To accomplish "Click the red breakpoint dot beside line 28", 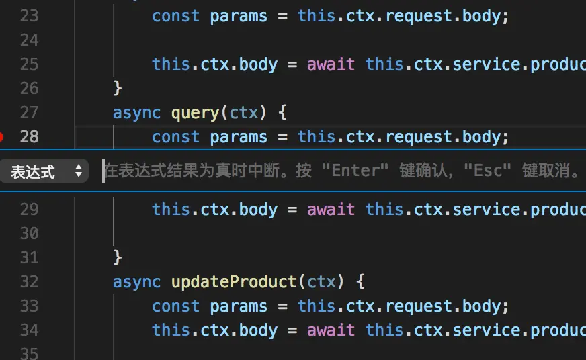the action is click(1, 137).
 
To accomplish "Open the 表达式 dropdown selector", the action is click(44, 171).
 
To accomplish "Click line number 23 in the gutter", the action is click(29, 15).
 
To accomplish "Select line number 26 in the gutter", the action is click(29, 88).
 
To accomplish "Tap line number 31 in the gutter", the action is click(29, 257).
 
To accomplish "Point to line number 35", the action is click(29, 353).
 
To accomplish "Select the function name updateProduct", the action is click(235, 281).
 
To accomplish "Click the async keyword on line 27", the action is click(137, 112).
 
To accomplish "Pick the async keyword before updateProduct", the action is click(137, 281).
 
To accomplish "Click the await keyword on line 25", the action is click(331, 64).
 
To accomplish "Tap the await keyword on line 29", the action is click(331, 209).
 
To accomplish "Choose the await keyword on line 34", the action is click(331, 330).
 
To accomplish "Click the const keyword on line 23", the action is click(176, 15).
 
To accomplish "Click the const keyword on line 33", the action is click(176, 306).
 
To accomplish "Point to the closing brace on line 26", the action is click(118, 88).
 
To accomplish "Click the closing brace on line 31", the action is click(118, 257).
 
